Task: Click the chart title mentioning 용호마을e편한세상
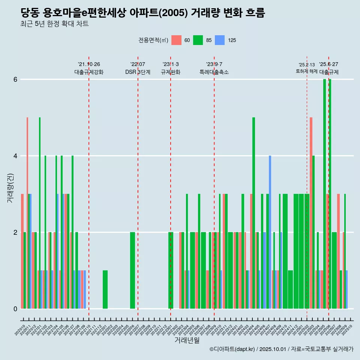tap(143, 13)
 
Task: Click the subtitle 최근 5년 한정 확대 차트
tap(55, 24)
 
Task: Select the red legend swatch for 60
tap(176, 40)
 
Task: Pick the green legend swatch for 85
tap(198, 40)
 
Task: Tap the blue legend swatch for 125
tap(220, 40)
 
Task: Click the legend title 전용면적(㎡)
tap(153, 40)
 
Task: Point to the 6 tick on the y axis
tap(15, 79)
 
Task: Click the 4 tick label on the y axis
tap(15, 156)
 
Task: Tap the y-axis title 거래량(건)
tap(10, 188)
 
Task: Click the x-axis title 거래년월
tap(187, 340)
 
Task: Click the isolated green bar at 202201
tap(105, 289)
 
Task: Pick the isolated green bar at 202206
tap(132, 270)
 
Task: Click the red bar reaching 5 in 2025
tap(311, 213)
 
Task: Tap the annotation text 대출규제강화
tap(89, 72)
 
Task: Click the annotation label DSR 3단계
tap(138, 72)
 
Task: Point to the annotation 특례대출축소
tap(214, 72)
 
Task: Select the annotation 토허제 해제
tap(306, 71)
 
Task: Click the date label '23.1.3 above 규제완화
tap(171, 64)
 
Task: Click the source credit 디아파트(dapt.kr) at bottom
tap(232, 349)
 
